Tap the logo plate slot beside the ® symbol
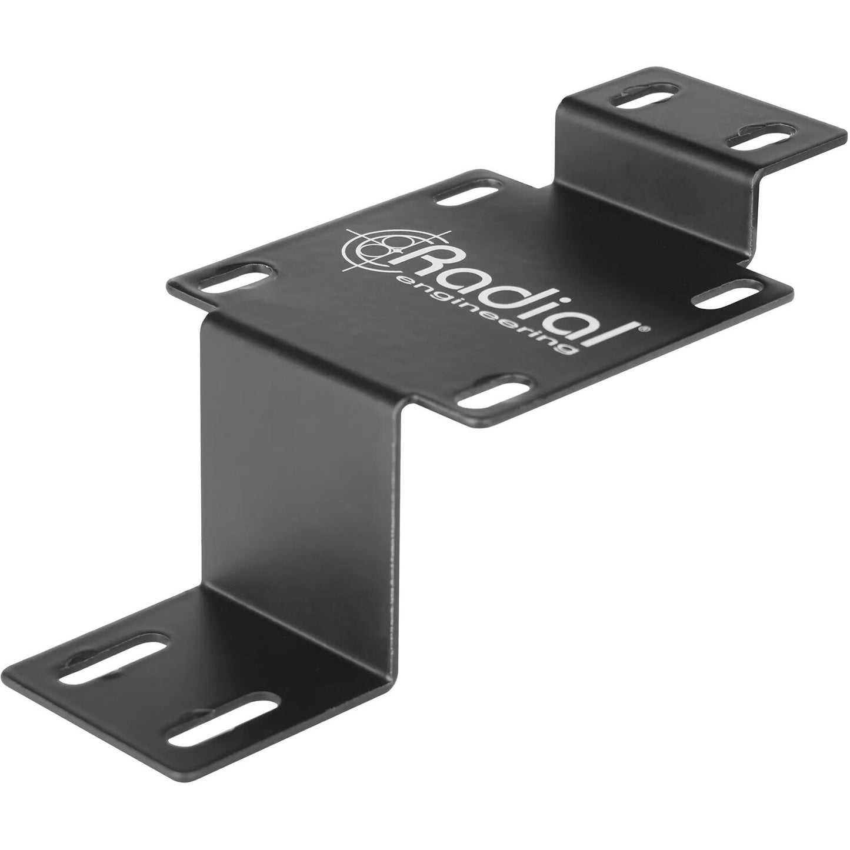(x=727, y=293)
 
